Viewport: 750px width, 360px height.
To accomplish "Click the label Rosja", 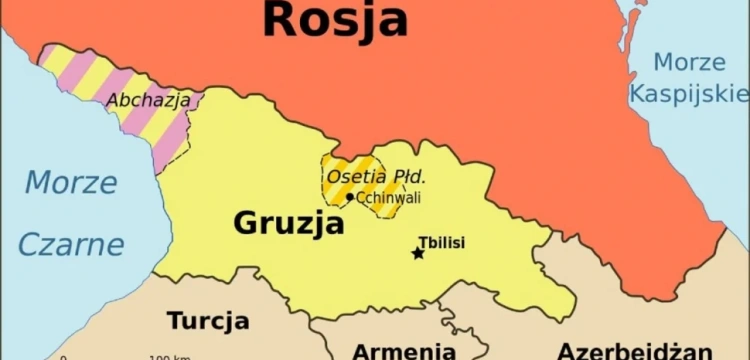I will pos(335,19).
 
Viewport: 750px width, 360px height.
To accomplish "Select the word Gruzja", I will pos(289,223).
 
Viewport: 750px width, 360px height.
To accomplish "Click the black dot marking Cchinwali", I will pos(349,197).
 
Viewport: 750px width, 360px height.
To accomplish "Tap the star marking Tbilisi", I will pos(418,253).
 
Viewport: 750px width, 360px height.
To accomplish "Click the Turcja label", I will pos(208,321).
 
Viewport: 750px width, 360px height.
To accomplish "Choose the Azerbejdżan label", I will pos(635,351).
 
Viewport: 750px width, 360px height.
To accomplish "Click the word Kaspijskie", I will pos(689,94).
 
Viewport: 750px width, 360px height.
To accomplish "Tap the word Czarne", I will pos(70,244).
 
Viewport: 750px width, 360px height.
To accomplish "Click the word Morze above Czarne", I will pos(70,183).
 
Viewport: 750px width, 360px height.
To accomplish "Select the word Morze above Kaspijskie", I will pos(689,62).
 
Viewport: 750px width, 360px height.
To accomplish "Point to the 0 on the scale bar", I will pos(63,357).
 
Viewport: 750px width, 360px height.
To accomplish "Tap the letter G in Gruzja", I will pos(247,223).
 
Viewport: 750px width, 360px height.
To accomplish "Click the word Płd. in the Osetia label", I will pos(408,177).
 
